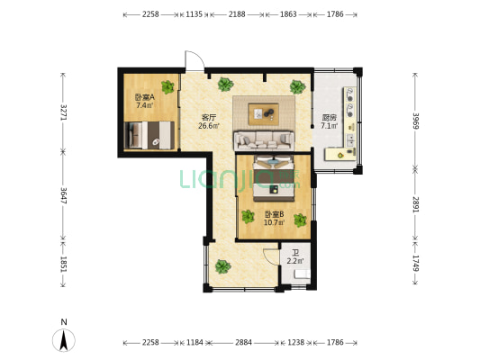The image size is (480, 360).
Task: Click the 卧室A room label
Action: click(x=144, y=97)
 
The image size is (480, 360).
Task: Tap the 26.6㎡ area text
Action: click(x=209, y=125)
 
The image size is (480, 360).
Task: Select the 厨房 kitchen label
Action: click(x=330, y=118)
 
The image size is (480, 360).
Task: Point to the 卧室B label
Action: click(x=275, y=214)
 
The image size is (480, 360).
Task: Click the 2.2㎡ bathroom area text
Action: click(x=295, y=261)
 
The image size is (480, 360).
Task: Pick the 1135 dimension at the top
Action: click(x=195, y=14)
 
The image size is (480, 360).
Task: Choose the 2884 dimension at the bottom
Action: click(x=243, y=342)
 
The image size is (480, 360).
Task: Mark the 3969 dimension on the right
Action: click(x=415, y=121)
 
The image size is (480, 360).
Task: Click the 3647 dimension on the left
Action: click(x=64, y=196)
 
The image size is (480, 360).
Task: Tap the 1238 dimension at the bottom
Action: click(x=296, y=342)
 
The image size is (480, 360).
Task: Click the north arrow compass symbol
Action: click(x=64, y=340)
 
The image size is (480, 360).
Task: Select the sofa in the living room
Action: click(x=264, y=140)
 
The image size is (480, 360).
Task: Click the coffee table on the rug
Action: click(x=264, y=114)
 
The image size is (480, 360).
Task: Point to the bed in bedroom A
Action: click(x=149, y=135)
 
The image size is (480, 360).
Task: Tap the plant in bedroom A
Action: click(x=168, y=87)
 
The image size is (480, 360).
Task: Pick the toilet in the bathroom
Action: click(x=302, y=274)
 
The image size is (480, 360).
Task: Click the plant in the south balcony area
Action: click(x=222, y=266)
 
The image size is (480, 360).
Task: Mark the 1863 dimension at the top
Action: click(x=288, y=14)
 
